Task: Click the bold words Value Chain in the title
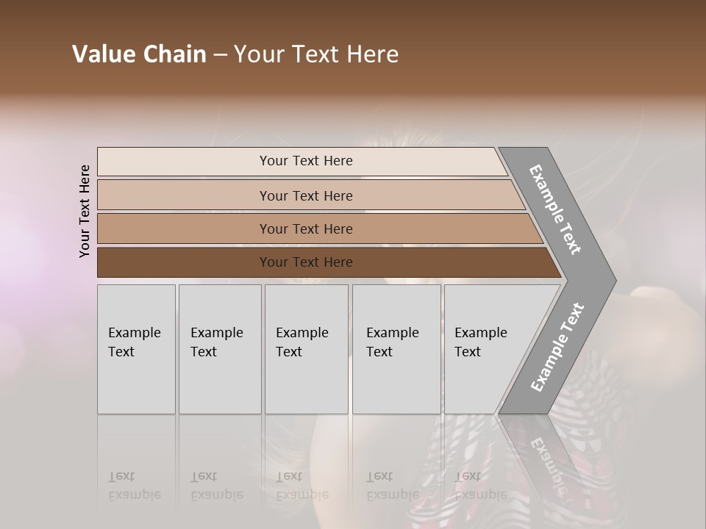(x=139, y=54)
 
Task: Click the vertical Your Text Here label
(x=85, y=211)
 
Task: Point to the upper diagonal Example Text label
(x=555, y=209)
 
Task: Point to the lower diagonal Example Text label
(x=557, y=348)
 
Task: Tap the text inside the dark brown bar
(x=306, y=262)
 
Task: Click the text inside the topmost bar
(x=306, y=161)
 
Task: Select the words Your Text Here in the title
(x=316, y=54)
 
